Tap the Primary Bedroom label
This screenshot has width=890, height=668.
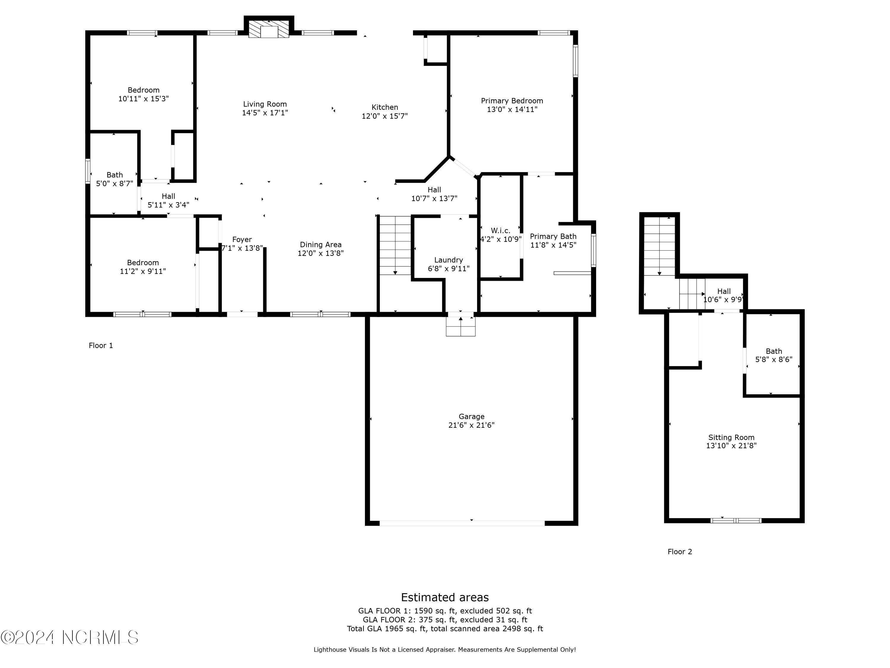[x=512, y=101]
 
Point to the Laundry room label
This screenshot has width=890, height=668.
[x=448, y=260]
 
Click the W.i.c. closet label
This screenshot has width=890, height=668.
[x=500, y=230]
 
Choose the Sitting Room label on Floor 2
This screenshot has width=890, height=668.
[x=731, y=437]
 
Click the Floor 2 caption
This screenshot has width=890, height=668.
[x=680, y=552]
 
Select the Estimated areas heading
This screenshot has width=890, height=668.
[x=445, y=597]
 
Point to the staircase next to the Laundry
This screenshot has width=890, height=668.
[x=395, y=245]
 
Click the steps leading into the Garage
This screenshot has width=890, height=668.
[x=460, y=326]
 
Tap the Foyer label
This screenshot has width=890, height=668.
[x=242, y=239]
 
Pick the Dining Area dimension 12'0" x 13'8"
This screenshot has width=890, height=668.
[x=320, y=253]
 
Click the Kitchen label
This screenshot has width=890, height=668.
[x=385, y=107]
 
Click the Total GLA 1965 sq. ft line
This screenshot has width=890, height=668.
[x=445, y=629]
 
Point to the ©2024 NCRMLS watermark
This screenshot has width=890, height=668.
[x=69, y=637]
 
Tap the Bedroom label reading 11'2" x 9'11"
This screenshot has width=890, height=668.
[x=143, y=267]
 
